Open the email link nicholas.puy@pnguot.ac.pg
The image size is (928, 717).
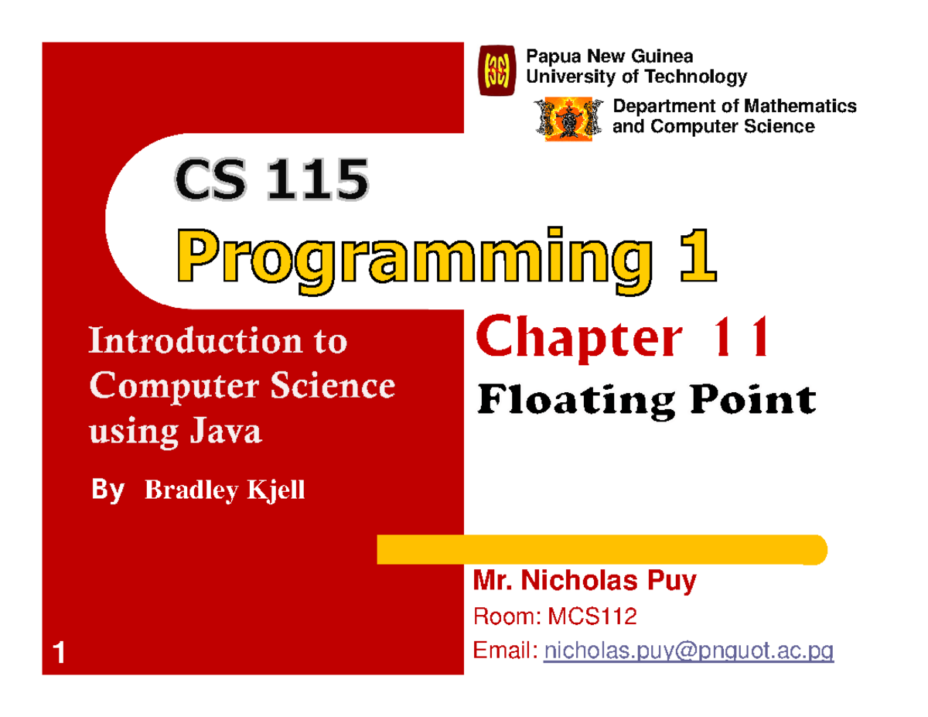pos(688,654)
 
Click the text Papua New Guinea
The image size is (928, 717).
pos(609,56)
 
